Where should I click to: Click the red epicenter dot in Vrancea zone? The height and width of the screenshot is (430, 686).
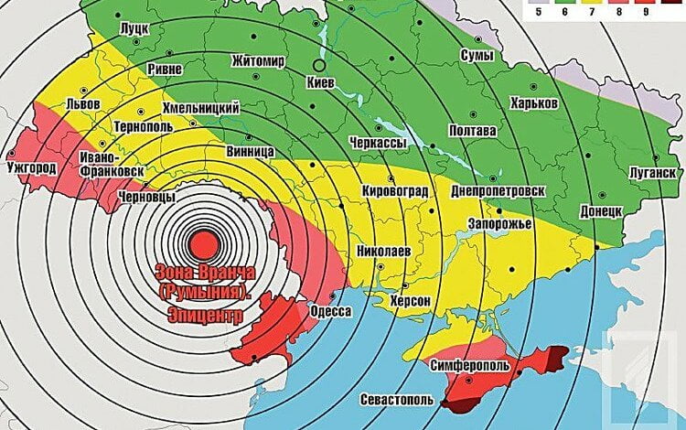point(202,243)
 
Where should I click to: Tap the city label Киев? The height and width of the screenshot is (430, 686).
point(327,83)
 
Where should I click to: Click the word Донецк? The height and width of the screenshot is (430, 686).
point(601,210)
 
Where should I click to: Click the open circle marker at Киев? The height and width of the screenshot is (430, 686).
point(318,66)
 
